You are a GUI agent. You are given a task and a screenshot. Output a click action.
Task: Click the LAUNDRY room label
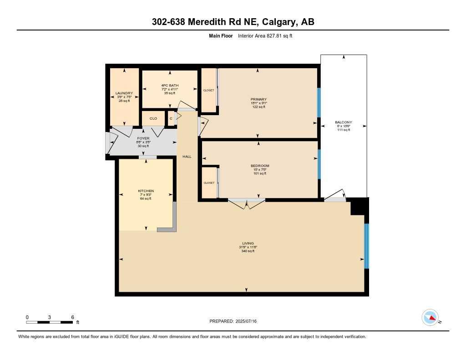(x=124, y=93)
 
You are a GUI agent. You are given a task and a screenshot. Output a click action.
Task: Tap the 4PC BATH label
(x=170, y=85)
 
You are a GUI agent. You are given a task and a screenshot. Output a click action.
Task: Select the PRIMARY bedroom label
(x=258, y=99)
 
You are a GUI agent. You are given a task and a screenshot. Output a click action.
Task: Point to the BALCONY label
(x=344, y=122)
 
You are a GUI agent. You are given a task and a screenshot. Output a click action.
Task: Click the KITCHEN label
(x=146, y=191)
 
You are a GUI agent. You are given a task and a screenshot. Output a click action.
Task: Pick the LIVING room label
(x=248, y=243)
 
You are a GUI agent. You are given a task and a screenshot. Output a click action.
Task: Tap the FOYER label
(x=143, y=138)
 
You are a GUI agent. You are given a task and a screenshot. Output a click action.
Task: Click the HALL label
(x=187, y=157)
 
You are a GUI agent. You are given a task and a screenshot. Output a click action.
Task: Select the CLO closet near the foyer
(x=153, y=118)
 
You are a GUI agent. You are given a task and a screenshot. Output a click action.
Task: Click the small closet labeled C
(x=171, y=118)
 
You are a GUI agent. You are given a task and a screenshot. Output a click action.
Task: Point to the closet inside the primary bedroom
(x=208, y=91)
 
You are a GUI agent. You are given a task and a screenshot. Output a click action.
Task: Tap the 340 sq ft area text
(x=248, y=251)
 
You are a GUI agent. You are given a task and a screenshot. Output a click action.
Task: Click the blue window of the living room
(x=366, y=246)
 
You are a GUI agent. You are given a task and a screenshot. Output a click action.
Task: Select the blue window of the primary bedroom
(x=319, y=102)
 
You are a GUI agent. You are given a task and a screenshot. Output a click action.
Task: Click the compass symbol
(x=431, y=318)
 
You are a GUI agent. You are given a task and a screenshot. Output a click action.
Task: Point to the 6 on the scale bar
(x=72, y=317)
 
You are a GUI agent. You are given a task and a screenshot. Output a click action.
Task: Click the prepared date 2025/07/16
(x=246, y=321)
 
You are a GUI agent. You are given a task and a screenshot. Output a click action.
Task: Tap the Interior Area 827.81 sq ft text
(x=265, y=35)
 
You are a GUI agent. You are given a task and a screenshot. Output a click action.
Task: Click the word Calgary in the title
(x=279, y=22)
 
